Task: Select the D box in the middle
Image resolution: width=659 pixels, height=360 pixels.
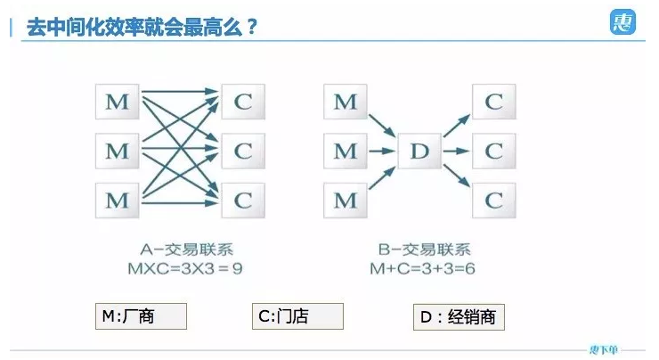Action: [x=419, y=152]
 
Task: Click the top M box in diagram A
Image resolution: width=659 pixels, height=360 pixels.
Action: [x=118, y=102]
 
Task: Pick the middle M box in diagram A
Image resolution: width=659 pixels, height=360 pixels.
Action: [x=118, y=151]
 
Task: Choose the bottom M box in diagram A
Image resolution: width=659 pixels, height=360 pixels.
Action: [x=118, y=200]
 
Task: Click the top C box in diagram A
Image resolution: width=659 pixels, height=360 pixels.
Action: [x=242, y=102]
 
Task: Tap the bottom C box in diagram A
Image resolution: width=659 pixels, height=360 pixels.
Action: [x=242, y=200]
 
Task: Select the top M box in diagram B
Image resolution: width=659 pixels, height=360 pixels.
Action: [x=345, y=102]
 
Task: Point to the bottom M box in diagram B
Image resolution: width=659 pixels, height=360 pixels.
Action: [x=345, y=200]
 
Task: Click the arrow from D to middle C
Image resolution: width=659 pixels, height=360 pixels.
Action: [x=456, y=151]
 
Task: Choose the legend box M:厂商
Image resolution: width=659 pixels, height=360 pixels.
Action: [x=141, y=316]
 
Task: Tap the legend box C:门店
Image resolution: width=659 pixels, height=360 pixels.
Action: [x=297, y=316]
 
